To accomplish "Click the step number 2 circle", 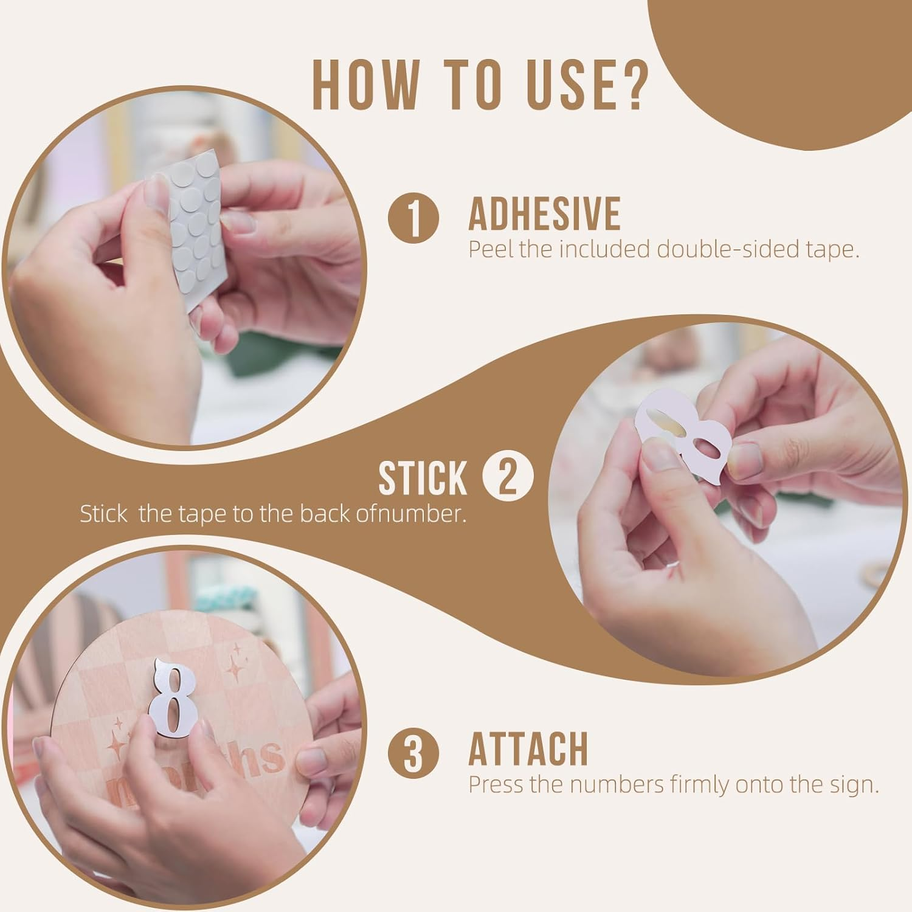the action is (508, 477).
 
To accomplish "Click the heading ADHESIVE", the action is (544, 214).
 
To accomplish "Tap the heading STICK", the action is (423, 478).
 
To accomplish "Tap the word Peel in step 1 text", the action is (491, 250).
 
